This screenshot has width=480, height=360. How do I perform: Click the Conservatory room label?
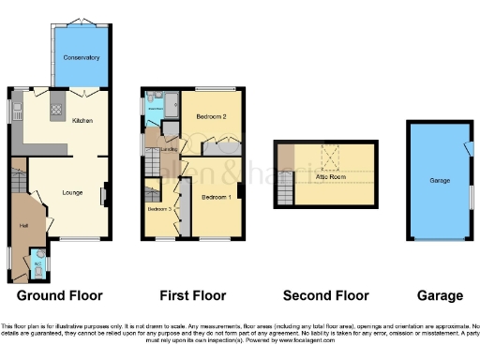tap(82, 58)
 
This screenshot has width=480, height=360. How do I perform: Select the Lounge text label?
tap(72, 193)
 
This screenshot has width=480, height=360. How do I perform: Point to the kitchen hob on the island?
tap(54, 109)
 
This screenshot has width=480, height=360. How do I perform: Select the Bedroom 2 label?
tap(212, 116)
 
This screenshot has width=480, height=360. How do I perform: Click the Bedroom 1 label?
tap(216, 197)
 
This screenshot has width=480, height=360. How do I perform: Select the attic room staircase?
tap(283, 193)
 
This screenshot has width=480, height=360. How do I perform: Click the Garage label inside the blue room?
tap(440, 181)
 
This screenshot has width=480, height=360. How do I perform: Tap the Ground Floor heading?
tap(59, 295)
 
